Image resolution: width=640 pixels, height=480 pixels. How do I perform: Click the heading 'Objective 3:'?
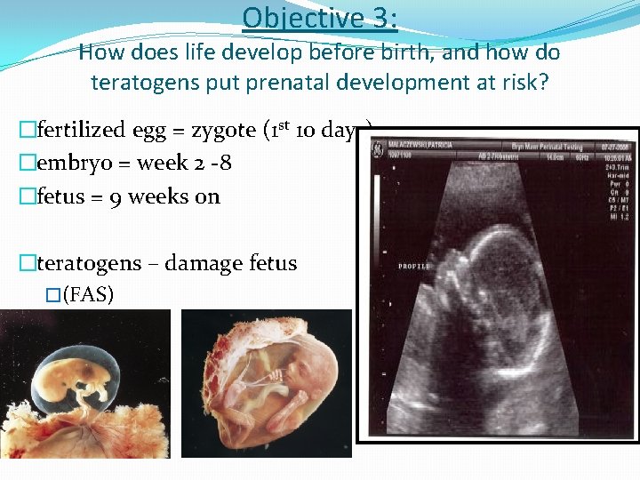pyautogui.click(x=319, y=18)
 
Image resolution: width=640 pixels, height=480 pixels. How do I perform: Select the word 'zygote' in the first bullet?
pyautogui.click(x=221, y=130)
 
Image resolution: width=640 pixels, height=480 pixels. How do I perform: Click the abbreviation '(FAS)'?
pyautogui.click(x=88, y=294)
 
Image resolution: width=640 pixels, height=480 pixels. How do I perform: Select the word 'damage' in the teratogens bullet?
pyautogui.click(x=203, y=263)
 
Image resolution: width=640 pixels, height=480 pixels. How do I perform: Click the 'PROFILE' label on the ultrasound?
pyautogui.click(x=414, y=266)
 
